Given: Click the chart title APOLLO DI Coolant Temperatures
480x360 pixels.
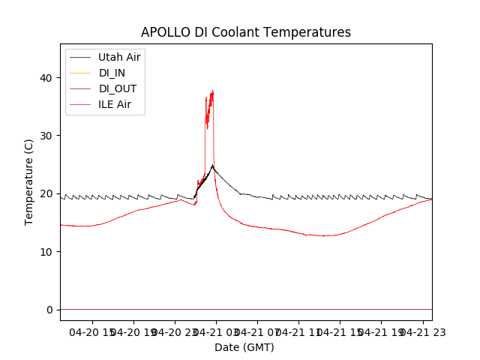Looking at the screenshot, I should [245, 32].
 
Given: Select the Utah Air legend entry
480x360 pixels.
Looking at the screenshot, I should [119, 57].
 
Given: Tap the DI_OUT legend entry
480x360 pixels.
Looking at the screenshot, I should [118, 88].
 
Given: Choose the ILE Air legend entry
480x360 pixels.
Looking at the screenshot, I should [115, 104].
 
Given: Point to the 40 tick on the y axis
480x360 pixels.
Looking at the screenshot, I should [46, 78].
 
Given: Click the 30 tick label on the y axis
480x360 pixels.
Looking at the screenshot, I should [46, 136].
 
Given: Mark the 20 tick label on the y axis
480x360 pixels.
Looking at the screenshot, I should [46, 193].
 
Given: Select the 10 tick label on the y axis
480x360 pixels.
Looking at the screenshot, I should [46, 251].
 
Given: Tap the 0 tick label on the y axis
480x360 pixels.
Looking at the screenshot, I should [49, 310].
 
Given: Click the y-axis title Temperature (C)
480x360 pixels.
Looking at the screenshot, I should [28, 182].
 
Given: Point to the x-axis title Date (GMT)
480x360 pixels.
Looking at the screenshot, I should [244, 347].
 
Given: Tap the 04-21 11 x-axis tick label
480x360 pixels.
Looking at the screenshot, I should [298, 331].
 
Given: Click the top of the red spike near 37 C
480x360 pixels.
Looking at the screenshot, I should [212, 91].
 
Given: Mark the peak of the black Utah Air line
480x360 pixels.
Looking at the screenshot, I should [212, 166].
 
